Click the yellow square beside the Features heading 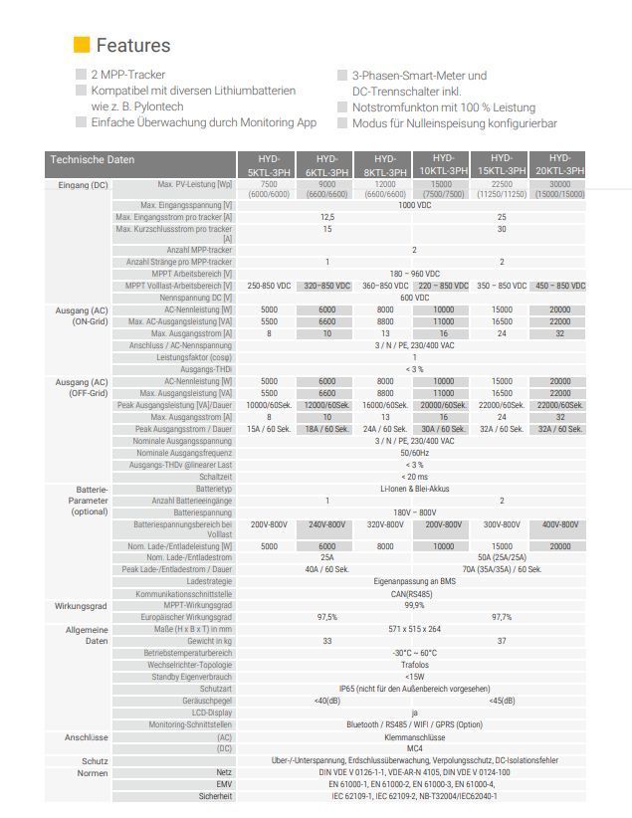point(82,45)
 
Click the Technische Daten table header point(92,159)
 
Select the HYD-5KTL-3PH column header point(269,165)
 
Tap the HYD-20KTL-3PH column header point(560,165)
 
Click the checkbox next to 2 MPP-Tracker point(81,75)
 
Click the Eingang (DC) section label point(84,185)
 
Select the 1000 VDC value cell point(414,205)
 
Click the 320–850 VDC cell point(326,286)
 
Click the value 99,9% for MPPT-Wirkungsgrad point(414,605)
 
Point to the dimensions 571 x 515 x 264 point(414,629)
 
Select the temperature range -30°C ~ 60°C point(414,653)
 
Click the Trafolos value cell point(414,665)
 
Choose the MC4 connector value point(414,747)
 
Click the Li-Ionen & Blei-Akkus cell point(414,489)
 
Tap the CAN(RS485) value point(414,593)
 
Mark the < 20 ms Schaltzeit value point(414,477)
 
